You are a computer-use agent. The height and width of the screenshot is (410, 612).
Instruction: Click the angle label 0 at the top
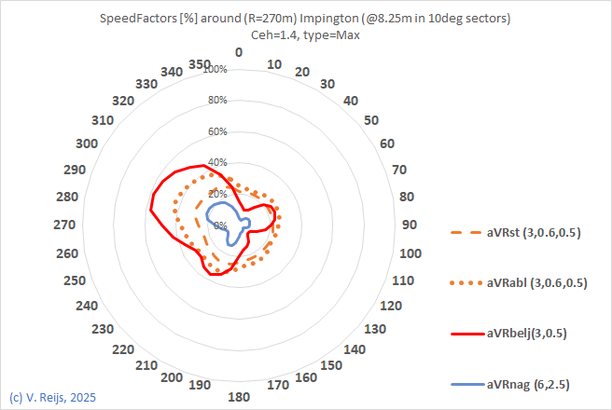click(239, 52)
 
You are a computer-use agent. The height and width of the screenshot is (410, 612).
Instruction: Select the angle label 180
click(239, 397)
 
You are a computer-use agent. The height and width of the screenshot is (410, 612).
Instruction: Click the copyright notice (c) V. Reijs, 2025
click(52, 398)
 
